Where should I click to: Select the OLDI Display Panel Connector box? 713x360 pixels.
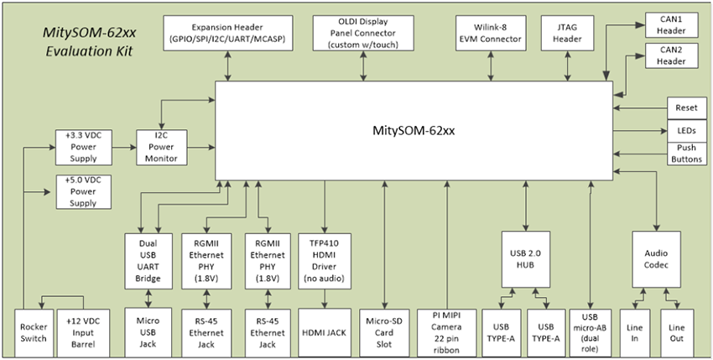click(x=364, y=32)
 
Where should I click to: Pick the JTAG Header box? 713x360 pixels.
click(x=569, y=32)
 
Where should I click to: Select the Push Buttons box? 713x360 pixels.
click(x=680, y=154)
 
